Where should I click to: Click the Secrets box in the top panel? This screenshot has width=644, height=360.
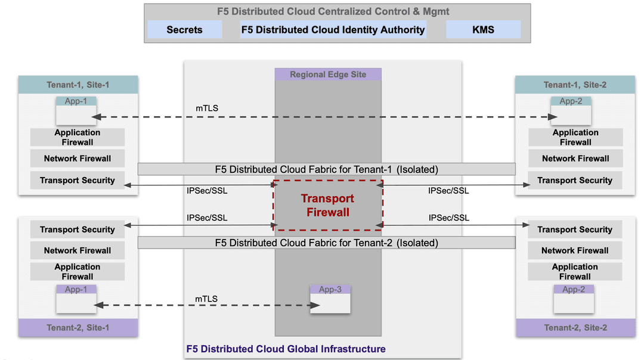tap(184, 30)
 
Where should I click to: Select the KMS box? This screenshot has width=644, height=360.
tap(483, 30)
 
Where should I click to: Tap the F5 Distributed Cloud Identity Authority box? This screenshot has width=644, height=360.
tap(333, 30)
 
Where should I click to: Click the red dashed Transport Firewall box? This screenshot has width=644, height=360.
tap(327, 205)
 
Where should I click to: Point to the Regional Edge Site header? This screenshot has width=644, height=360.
tap(327, 75)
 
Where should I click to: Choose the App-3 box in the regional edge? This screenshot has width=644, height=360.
tap(330, 299)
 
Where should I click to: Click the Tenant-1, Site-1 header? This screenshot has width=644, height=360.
tap(78, 85)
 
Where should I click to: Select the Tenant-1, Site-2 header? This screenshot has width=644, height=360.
tap(575, 85)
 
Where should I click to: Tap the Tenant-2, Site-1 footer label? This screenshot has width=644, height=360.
tap(78, 328)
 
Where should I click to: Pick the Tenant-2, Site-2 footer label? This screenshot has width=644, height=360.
tap(575, 328)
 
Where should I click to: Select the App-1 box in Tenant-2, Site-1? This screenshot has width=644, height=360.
tap(76, 299)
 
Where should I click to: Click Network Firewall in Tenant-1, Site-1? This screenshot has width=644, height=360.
tap(78, 159)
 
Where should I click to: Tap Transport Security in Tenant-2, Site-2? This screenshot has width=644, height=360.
tap(575, 229)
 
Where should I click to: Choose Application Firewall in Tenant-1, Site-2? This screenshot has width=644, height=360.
tap(575, 137)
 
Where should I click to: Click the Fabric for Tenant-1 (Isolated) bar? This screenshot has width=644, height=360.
tap(326, 169)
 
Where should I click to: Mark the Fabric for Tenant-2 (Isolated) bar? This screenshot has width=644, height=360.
tap(326, 243)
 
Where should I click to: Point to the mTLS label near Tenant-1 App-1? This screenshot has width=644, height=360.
tap(207, 108)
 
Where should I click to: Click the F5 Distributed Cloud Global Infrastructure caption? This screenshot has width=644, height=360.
tap(286, 349)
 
